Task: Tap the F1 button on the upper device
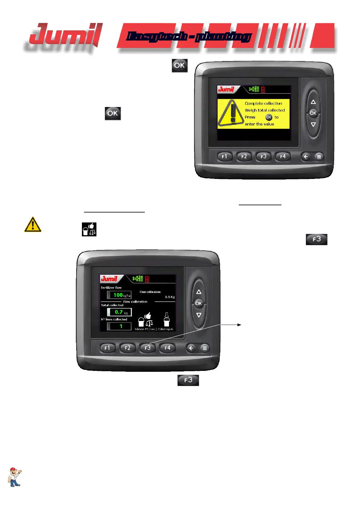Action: coord(224,157)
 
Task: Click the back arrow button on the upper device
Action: coord(306,157)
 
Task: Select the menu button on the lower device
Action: coord(205,348)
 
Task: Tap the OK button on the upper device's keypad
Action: coord(313,113)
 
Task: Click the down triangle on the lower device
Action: coord(199,315)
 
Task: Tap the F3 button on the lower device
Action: coord(148,348)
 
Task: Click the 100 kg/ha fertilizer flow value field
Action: coord(119,295)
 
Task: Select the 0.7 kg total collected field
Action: coord(119,312)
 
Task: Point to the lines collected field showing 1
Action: coord(119,326)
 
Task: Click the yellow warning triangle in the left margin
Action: coord(33,225)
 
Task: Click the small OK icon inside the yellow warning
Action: coord(269,117)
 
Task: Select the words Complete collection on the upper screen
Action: coord(263,103)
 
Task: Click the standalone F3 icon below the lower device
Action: coord(188,380)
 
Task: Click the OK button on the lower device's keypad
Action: coord(199,303)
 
